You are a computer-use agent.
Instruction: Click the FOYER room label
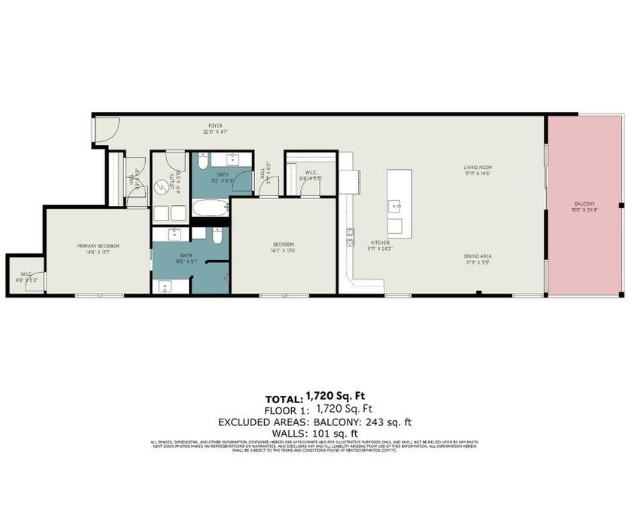click(215, 126)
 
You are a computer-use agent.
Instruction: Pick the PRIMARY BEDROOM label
click(99, 246)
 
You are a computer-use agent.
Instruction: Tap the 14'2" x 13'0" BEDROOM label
click(282, 243)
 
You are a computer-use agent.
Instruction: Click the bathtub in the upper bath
click(210, 209)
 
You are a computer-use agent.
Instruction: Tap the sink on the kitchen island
click(394, 204)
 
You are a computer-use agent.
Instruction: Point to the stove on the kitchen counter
click(350, 237)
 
